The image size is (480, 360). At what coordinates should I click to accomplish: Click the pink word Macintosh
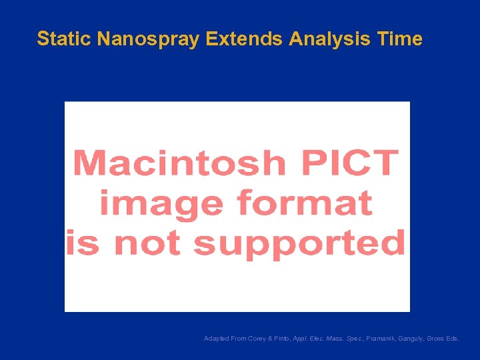click(178, 163)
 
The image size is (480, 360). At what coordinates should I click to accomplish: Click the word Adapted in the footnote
click(216, 339)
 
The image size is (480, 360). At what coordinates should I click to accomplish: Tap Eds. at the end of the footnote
click(453, 339)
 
